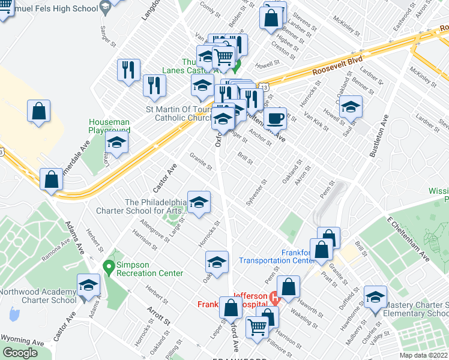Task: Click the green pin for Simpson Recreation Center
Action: pyautogui.click(x=109, y=265)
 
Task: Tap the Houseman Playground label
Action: pyautogui.click(x=109, y=125)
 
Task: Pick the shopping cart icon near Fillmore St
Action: pyautogui.click(x=258, y=328)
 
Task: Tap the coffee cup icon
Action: pyautogui.click(x=276, y=118)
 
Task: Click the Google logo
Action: pyautogui.click(x=20, y=353)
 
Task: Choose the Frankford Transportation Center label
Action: pyautogui.click(x=277, y=256)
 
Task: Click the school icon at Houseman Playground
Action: pyautogui.click(x=116, y=143)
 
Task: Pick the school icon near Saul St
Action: pyautogui.click(x=350, y=108)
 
